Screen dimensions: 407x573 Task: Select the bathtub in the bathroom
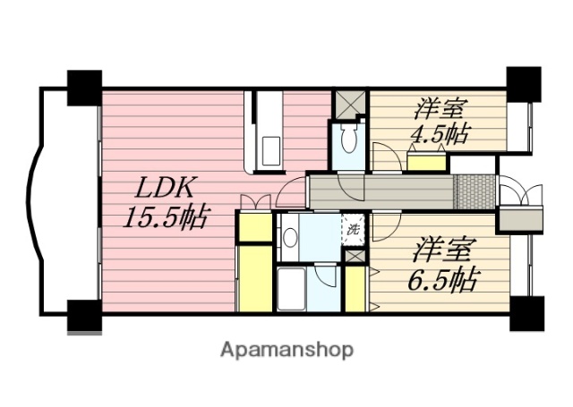[292, 288]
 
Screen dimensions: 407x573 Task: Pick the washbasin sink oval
[290, 238]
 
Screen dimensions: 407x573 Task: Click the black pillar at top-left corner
[85, 86]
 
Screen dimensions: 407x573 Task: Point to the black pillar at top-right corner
[523, 85]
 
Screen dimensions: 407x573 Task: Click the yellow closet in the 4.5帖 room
[426, 162]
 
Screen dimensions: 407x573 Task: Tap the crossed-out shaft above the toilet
[348, 104]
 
